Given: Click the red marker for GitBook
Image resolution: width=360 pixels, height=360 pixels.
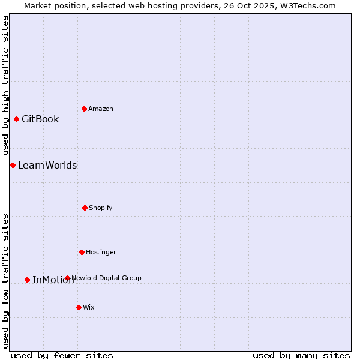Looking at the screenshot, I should (16, 119).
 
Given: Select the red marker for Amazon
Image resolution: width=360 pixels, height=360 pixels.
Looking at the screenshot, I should (84, 109).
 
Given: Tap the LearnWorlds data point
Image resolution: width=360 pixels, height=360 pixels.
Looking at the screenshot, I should (13, 165).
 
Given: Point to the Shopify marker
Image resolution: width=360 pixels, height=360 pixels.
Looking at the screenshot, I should (85, 208).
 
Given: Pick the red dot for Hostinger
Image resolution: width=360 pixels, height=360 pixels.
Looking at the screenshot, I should (82, 252).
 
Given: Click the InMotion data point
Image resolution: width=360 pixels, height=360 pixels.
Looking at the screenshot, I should (27, 280).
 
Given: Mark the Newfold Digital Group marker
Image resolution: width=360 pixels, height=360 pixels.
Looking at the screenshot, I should (67, 278).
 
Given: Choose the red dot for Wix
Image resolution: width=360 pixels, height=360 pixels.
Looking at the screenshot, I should (79, 307).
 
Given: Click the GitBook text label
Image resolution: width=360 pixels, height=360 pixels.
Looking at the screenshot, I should (40, 119).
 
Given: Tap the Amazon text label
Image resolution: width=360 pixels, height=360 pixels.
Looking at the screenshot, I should (101, 109).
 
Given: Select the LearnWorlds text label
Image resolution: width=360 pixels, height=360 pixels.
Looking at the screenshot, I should (47, 165).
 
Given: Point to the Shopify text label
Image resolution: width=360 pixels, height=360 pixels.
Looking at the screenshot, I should (101, 208).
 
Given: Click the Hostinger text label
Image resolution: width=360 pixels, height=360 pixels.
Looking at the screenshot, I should (101, 252).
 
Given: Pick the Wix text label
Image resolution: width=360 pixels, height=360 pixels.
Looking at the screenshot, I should (89, 307).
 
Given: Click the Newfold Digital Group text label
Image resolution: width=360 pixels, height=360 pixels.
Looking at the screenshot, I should (107, 278).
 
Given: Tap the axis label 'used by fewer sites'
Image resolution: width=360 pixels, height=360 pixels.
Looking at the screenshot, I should (62, 355).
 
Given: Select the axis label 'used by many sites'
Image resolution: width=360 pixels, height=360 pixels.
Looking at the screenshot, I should (301, 355).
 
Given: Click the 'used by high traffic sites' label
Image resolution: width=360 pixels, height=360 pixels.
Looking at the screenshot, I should (5, 85).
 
